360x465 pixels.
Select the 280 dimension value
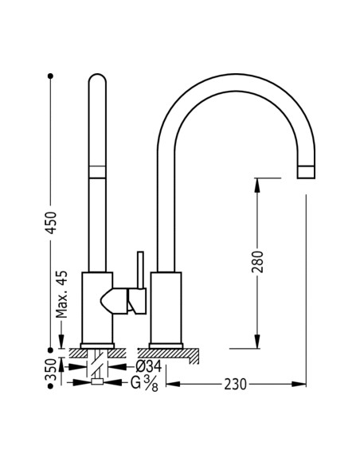click(256, 264)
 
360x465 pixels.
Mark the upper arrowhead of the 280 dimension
click(256, 183)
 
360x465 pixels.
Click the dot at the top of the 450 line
click(50, 76)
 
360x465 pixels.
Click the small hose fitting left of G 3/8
click(97, 382)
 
